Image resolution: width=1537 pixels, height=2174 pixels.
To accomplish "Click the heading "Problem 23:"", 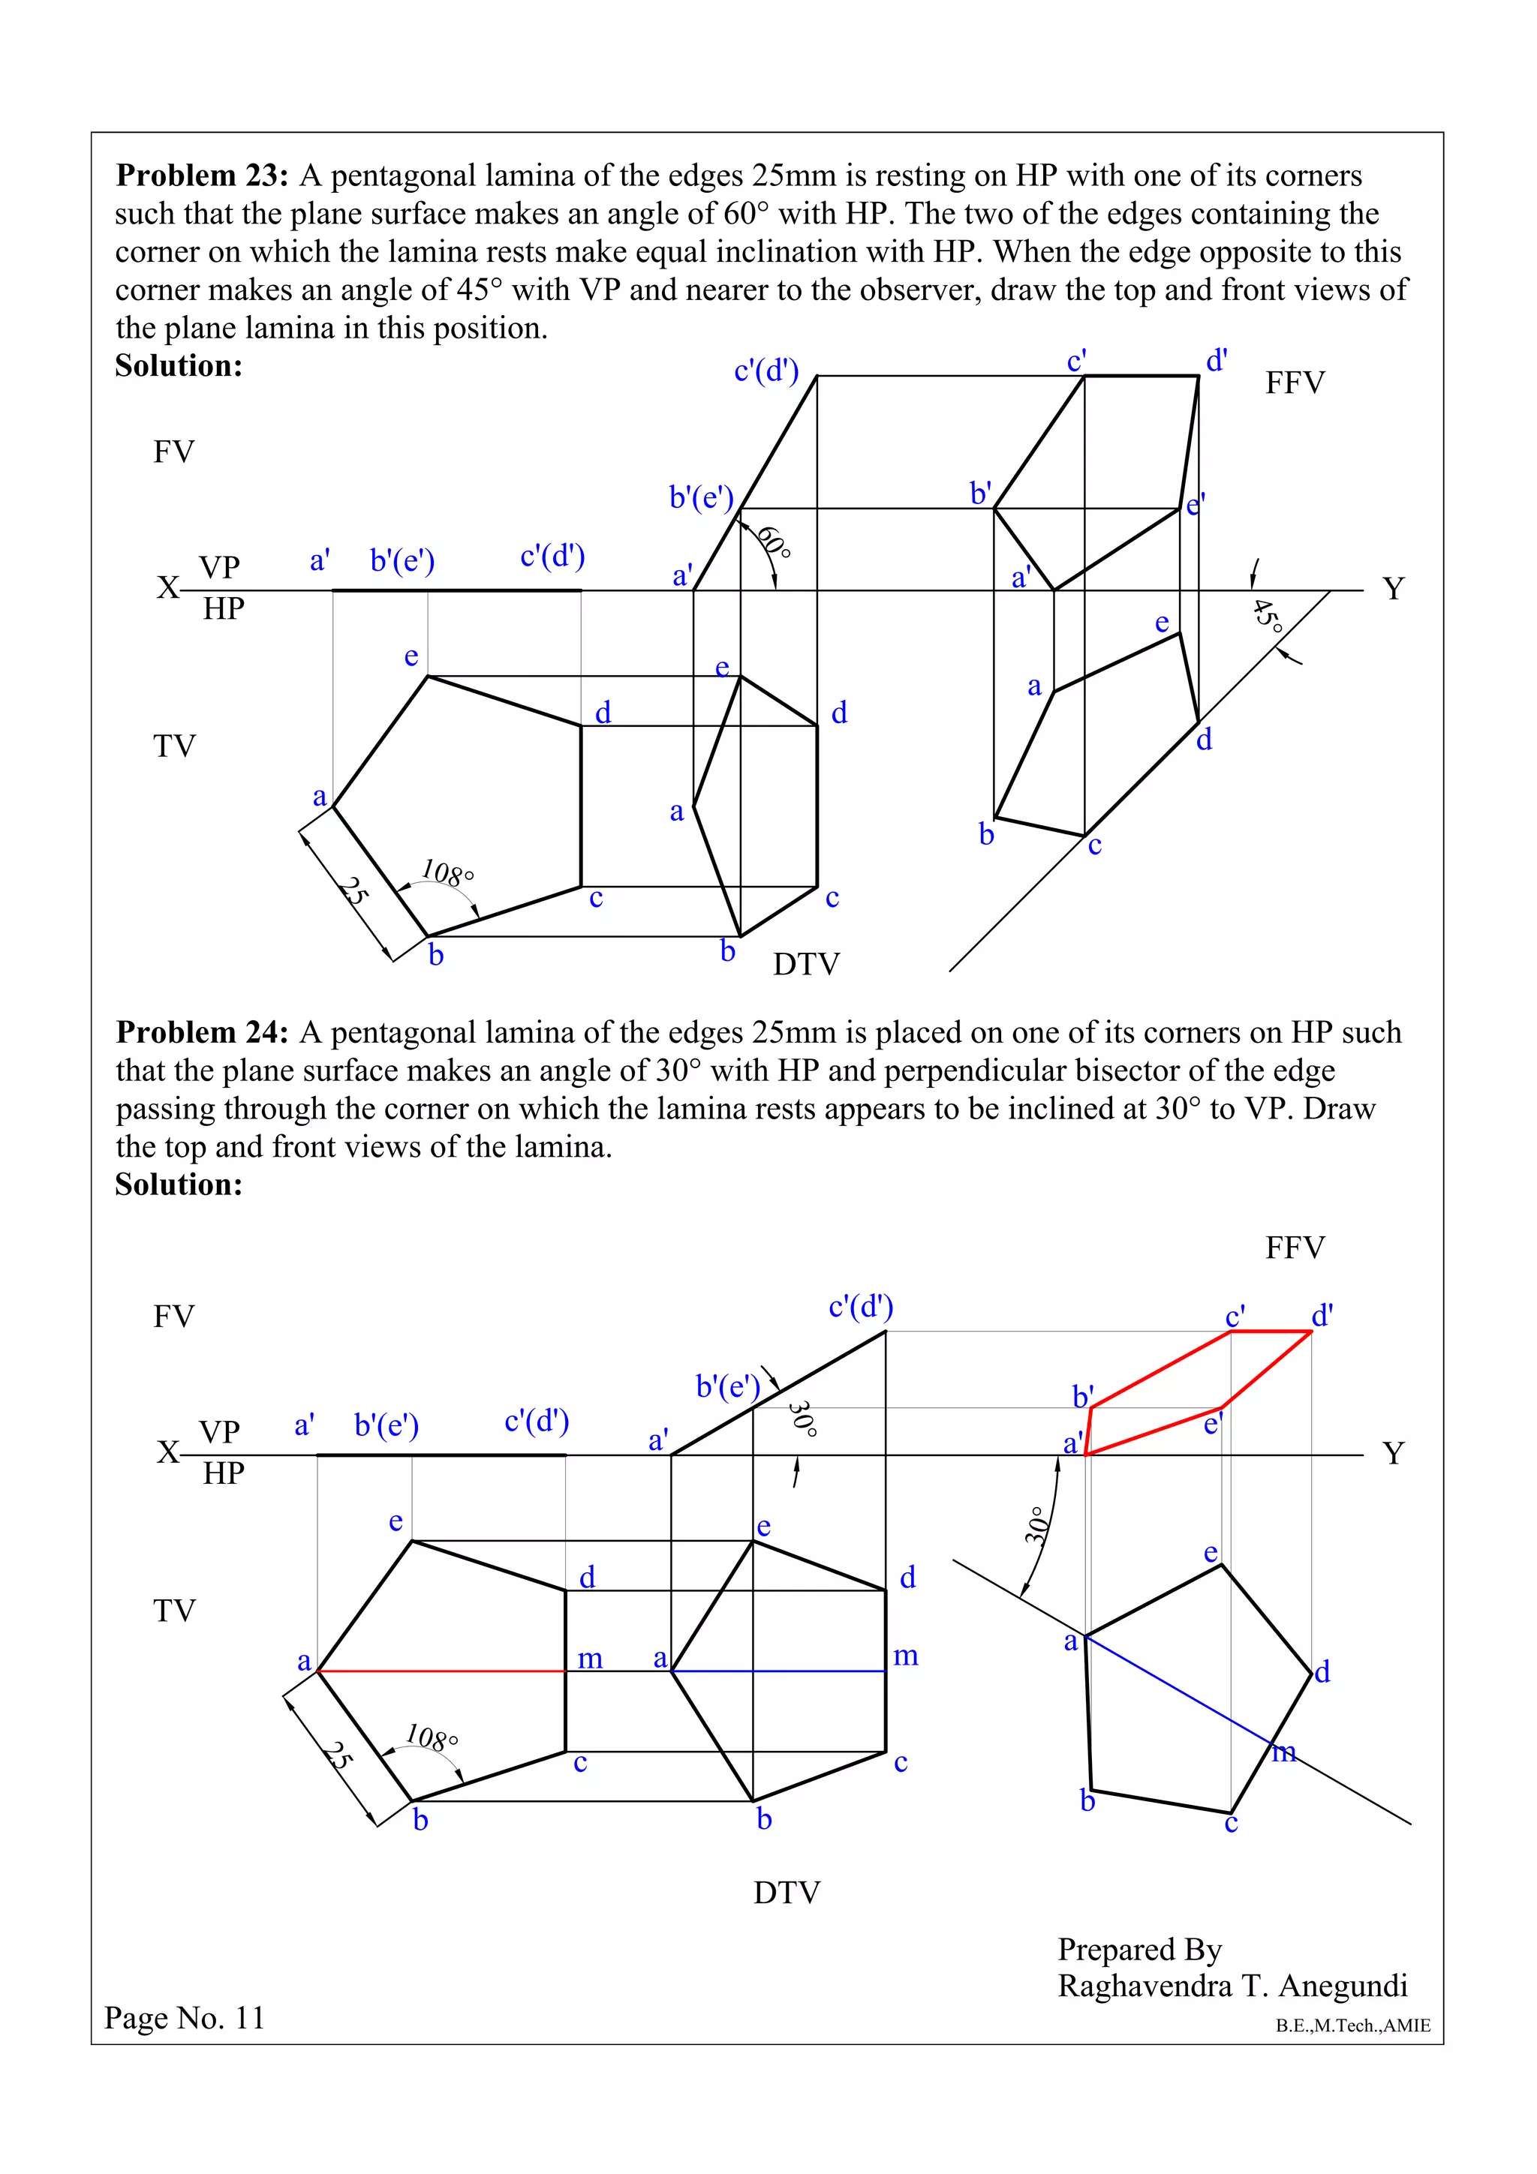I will pos(202,176).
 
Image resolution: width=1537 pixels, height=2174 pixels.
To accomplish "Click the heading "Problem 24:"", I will pos(202,1032).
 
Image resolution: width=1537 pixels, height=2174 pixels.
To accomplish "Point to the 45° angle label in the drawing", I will pos(1267,617).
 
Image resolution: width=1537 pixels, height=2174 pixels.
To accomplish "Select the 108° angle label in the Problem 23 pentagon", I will pos(447,872).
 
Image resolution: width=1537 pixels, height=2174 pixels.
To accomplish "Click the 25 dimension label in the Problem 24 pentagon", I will pos(337,1755).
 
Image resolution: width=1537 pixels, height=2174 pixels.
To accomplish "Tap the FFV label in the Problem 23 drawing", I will pos(1295,383).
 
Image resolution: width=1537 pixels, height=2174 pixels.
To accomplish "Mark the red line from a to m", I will pos(441,1671).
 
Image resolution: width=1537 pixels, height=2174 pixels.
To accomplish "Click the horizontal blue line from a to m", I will pos(778,1671).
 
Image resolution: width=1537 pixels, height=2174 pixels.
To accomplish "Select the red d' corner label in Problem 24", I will pos(1322,1315).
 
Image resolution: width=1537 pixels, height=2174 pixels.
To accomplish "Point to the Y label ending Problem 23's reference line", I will pos(1393,589).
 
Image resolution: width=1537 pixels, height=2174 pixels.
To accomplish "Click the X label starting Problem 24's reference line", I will pos(167,1452).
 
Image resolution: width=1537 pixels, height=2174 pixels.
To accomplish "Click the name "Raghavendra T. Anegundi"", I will pos(1232,1985).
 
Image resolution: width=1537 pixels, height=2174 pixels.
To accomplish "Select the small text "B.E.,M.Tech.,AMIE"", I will pos(1352,2025).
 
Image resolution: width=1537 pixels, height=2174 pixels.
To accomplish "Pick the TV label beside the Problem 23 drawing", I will pos(174,746).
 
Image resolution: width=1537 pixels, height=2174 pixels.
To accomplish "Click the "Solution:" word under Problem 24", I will pos(179,1185).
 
